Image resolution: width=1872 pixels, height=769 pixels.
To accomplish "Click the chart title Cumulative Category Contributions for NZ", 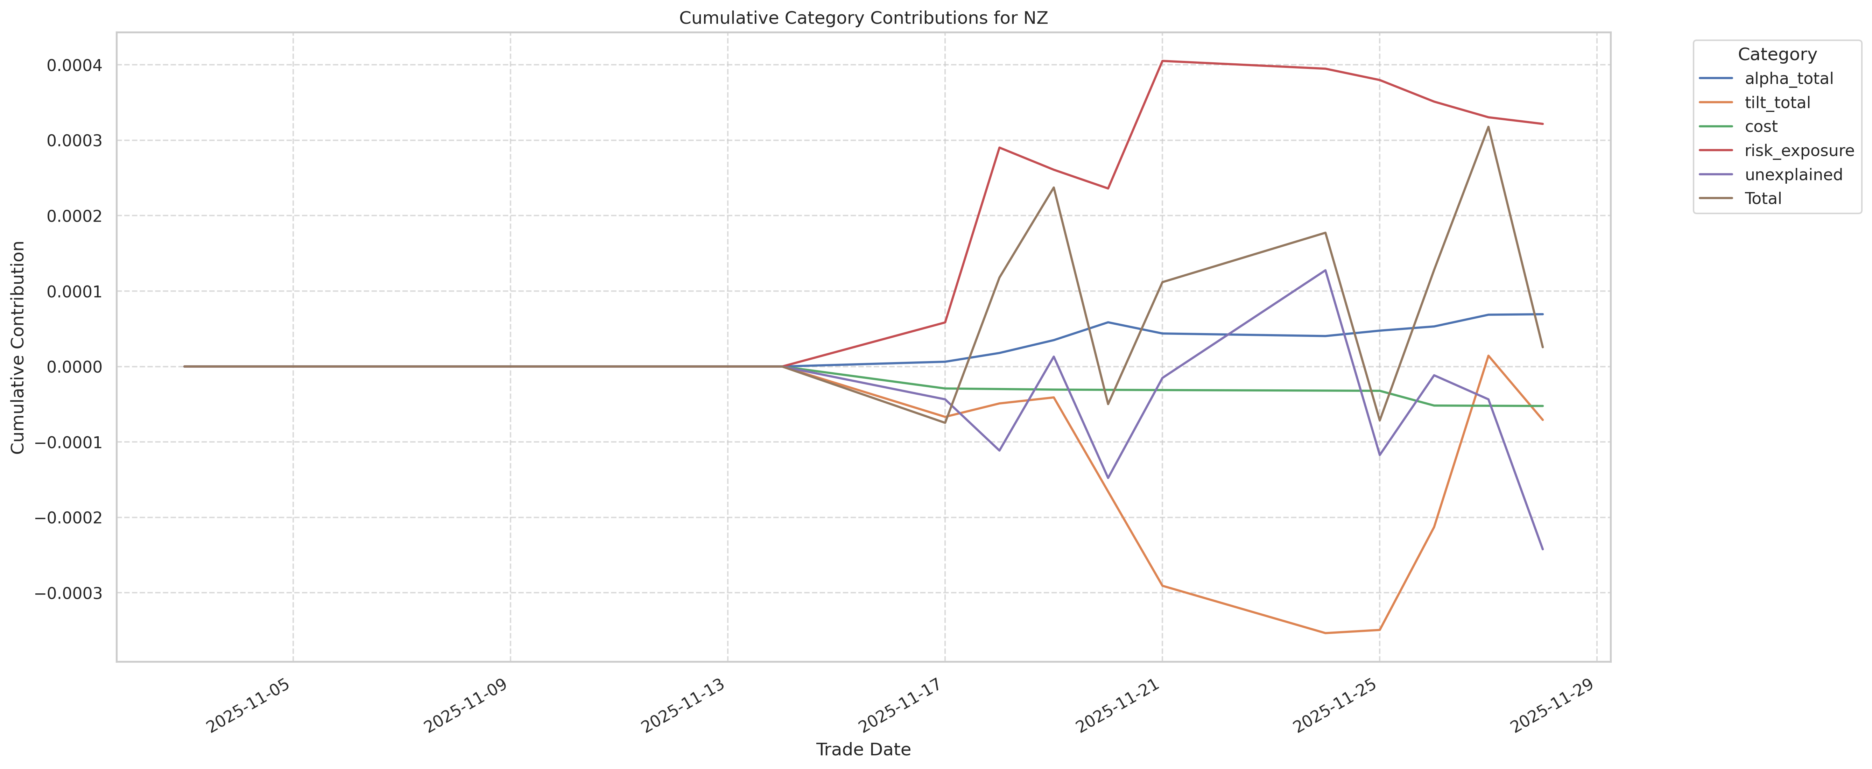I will tap(863, 18).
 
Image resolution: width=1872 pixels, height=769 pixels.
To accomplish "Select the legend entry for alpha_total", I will tap(1788, 78).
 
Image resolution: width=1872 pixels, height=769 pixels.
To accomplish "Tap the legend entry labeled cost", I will tap(1761, 126).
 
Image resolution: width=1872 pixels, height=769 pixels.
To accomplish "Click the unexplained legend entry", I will tap(1793, 175).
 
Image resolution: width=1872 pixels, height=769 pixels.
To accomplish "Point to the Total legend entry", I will tap(1763, 198).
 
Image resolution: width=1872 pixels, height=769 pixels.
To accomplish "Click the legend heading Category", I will tap(1777, 55).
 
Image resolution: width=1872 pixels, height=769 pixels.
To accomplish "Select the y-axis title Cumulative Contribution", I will tap(18, 347).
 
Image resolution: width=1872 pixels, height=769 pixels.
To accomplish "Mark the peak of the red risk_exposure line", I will tap(1162, 61).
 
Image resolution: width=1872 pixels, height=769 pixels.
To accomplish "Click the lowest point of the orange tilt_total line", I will tap(1325, 633).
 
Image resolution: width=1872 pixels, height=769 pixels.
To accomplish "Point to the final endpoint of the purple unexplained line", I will tap(1542, 550).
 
